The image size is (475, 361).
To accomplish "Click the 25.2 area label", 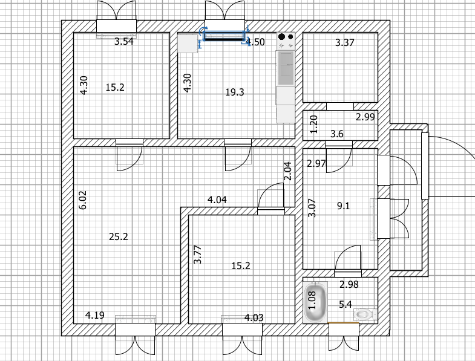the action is pyautogui.click(x=118, y=237).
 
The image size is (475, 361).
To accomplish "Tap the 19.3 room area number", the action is pyautogui.click(x=235, y=93).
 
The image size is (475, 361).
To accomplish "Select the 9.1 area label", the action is pyautogui.click(x=344, y=206).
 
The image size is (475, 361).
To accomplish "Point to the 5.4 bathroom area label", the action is pyautogui.click(x=346, y=304).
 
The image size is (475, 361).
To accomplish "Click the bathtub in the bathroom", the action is pyautogui.click(x=315, y=301).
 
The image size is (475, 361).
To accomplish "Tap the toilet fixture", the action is pyautogui.click(x=364, y=314).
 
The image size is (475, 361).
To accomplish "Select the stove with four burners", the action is pyautogui.click(x=286, y=41).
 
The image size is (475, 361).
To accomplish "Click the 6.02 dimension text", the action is pyautogui.click(x=84, y=201).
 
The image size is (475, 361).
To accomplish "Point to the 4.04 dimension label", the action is pyautogui.click(x=217, y=199).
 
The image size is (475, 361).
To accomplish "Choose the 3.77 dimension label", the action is pyautogui.click(x=197, y=254).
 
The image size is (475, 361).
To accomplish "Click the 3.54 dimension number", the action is pyautogui.click(x=125, y=42).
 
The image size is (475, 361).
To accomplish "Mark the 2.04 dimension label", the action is pyautogui.click(x=288, y=171).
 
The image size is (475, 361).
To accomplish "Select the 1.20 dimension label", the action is pyautogui.click(x=313, y=125).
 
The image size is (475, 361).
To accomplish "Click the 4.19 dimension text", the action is pyautogui.click(x=94, y=314).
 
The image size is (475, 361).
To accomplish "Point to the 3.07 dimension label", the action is pyautogui.click(x=312, y=209).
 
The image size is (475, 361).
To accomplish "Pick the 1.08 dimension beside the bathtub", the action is pyautogui.click(x=312, y=301).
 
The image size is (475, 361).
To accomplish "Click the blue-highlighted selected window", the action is pyautogui.click(x=224, y=36).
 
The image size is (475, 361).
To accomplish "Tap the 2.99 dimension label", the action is pyautogui.click(x=365, y=117).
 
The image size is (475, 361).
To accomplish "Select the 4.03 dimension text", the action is pyautogui.click(x=254, y=317).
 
